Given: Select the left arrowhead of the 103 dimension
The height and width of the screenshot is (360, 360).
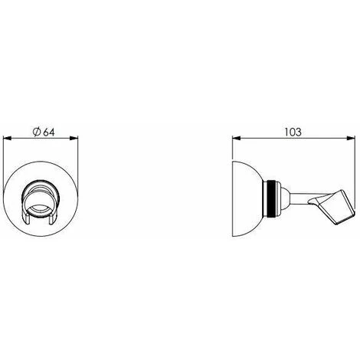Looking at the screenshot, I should [x=235, y=139].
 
